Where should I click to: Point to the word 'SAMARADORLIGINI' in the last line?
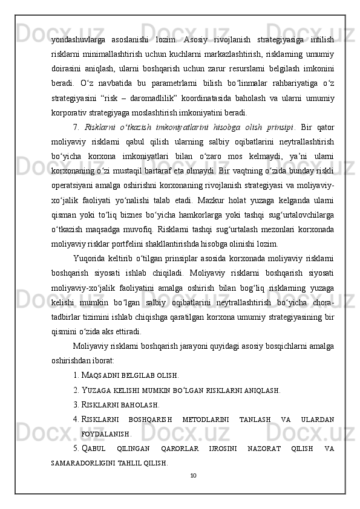[x=77, y=463]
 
